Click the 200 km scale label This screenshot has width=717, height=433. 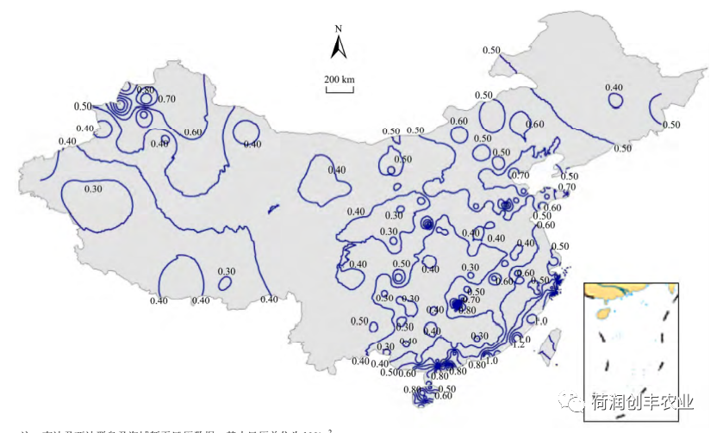click(x=340, y=80)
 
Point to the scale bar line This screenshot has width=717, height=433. click(x=340, y=90)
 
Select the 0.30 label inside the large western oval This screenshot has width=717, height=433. click(x=93, y=189)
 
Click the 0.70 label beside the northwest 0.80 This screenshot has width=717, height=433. click(x=166, y=99)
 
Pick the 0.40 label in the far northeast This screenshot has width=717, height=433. click(x=614, y=88)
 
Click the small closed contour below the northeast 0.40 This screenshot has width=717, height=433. click(x=615, y=101)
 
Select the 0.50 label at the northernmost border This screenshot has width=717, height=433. click(x=491, y=50)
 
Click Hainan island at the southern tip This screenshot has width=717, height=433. click(x=423, y=397)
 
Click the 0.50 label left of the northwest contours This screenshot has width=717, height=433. click(x=83, y=106)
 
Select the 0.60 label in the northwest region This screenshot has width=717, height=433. click(x=193, y=132)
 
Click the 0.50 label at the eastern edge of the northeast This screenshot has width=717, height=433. click(x=671, y=125)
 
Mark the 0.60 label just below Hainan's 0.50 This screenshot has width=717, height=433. click(x=443, y=396)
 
